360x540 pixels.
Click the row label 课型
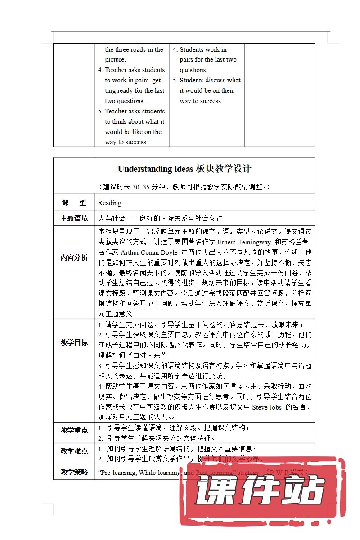tap(73, 203)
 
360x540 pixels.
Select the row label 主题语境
tap(74, 219)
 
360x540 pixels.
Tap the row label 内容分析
tap(74, 258)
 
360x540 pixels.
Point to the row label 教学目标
tap(74, 342)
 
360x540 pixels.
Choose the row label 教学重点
tap(74, 430)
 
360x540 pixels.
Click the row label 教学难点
tap(74, 450)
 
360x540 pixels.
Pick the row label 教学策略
tap(74, 472)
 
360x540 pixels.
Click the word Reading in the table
tap(109, 203)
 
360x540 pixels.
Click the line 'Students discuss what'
tap(210, 80)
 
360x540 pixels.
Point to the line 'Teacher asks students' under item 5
tap(135, 111)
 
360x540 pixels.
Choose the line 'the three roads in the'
tap(134, 49)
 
